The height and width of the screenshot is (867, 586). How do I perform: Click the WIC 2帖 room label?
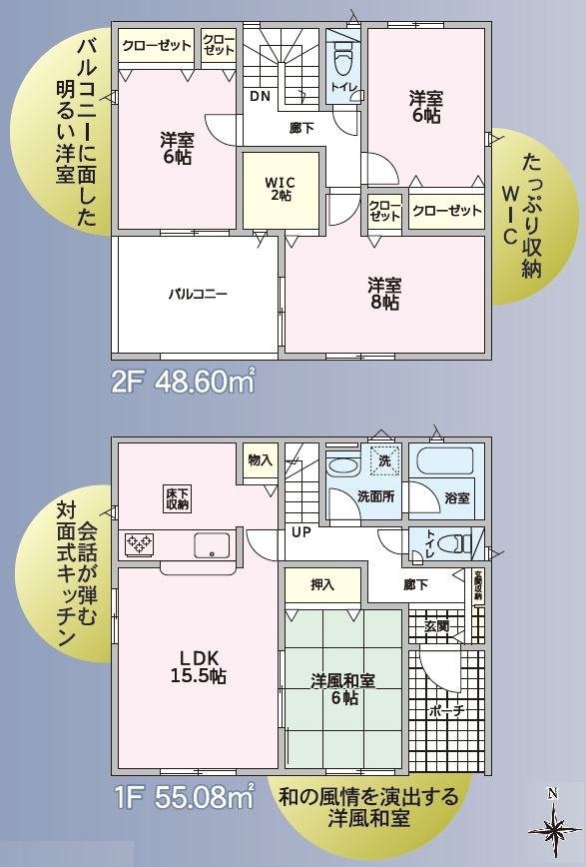click(x=280, y=189)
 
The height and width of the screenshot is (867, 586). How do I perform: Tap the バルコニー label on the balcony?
click(x=198, y=295)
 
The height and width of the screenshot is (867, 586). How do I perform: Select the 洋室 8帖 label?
click(x=383, y=293)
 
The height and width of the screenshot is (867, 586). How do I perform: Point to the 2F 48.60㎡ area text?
click(x=183, y=382)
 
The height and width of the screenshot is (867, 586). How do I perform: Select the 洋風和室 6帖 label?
click(x=343, y=689)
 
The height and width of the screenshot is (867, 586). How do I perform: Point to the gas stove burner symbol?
click(x=140, y=544)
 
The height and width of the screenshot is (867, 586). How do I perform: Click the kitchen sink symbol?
click(x=212, y=545)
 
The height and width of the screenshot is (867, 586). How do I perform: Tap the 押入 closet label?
click(x=321, y=585)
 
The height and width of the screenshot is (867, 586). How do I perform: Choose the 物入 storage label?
click(x=260, y=459)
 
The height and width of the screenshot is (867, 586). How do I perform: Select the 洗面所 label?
click(x=375, y=496)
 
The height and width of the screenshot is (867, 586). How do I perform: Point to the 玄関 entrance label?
click(x=437, y=625)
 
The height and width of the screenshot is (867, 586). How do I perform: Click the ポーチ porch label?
click(x=446, y=711)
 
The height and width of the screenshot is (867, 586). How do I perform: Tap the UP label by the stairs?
click(x=300, y=532)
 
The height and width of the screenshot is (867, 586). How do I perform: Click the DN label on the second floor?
click(x=260, y=97)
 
